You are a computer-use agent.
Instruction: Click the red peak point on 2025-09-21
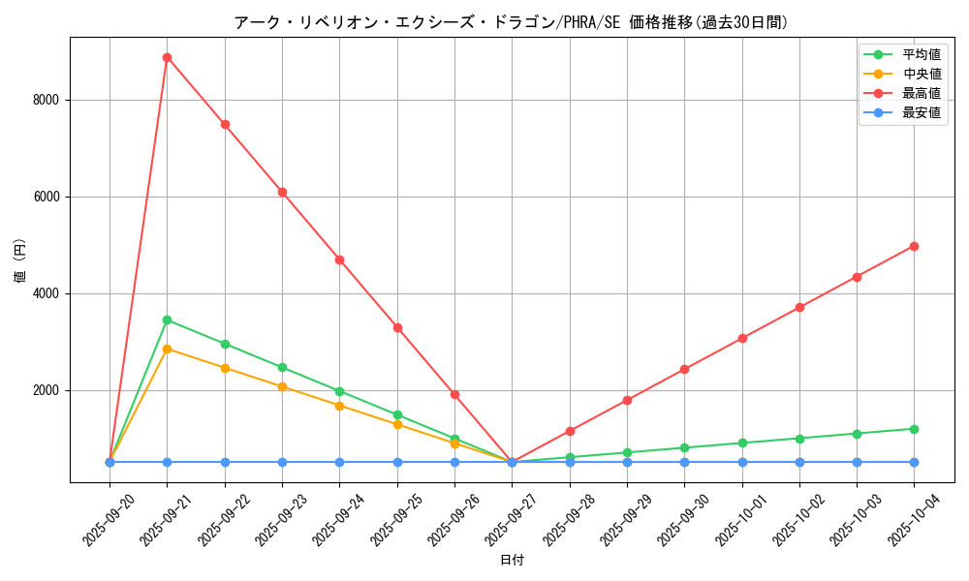point(167,57)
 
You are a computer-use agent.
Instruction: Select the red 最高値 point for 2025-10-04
point(914,246)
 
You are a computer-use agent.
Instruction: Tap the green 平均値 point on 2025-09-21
point(167,320)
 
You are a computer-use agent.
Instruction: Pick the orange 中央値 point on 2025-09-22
point(225,368)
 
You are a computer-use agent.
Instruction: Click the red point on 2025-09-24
point(339,260)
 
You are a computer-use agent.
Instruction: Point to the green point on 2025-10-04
point(914,429)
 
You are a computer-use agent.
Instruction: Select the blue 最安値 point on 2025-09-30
point(684,462)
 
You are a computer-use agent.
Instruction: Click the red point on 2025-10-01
point(742,338)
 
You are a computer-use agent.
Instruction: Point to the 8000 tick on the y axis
point(46,100)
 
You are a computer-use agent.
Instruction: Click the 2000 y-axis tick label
point(46,390)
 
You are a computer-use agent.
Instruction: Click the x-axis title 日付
point(512,561)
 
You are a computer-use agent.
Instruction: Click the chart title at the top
point(512,22)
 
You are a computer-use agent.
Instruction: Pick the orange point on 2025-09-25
point(397,424)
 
